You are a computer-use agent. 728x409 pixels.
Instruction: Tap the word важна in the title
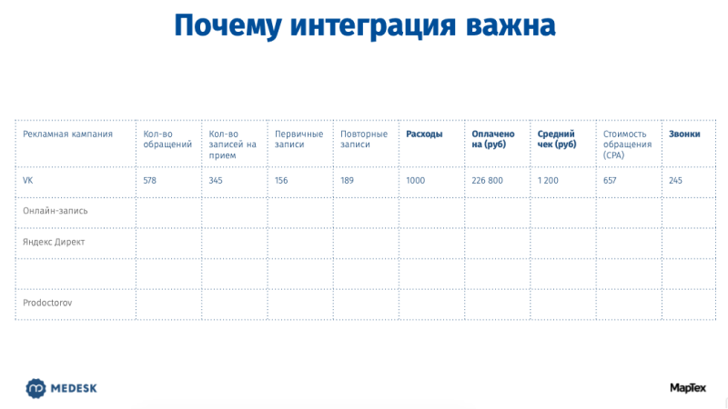point(511,26)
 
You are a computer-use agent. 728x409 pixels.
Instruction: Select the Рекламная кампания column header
point(67,134)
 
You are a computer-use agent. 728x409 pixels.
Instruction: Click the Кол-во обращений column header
point(167,139)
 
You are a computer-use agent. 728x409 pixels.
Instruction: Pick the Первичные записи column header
point(298,139)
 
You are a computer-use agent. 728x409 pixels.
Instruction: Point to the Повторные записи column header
point(364,139)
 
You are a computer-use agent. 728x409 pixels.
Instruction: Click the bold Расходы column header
point(424,134)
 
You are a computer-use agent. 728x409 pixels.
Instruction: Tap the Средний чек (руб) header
point(557,139)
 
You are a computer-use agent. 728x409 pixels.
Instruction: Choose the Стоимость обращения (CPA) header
point(627,145)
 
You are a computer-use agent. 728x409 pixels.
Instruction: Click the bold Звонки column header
point(684,134)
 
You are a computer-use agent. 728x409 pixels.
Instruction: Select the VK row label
point(28,180)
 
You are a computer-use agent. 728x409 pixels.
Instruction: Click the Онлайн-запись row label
point(56,211)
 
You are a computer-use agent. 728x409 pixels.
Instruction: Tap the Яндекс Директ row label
point(54,242)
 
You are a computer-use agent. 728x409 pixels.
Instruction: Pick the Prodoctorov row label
point(47,303)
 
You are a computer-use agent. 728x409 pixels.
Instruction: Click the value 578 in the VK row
point(149,180)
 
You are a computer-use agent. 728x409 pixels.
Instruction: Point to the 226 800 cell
point(487,180)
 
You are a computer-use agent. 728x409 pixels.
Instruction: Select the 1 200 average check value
point(548,180)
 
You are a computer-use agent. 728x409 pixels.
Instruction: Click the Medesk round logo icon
point(35,389)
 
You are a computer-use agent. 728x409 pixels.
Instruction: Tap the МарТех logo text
point(688,388)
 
